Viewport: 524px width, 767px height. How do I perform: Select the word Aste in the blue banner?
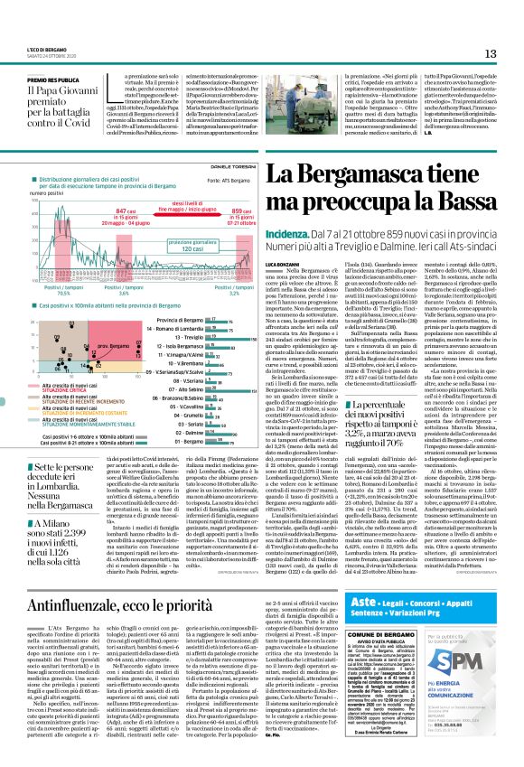click(360, 601)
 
